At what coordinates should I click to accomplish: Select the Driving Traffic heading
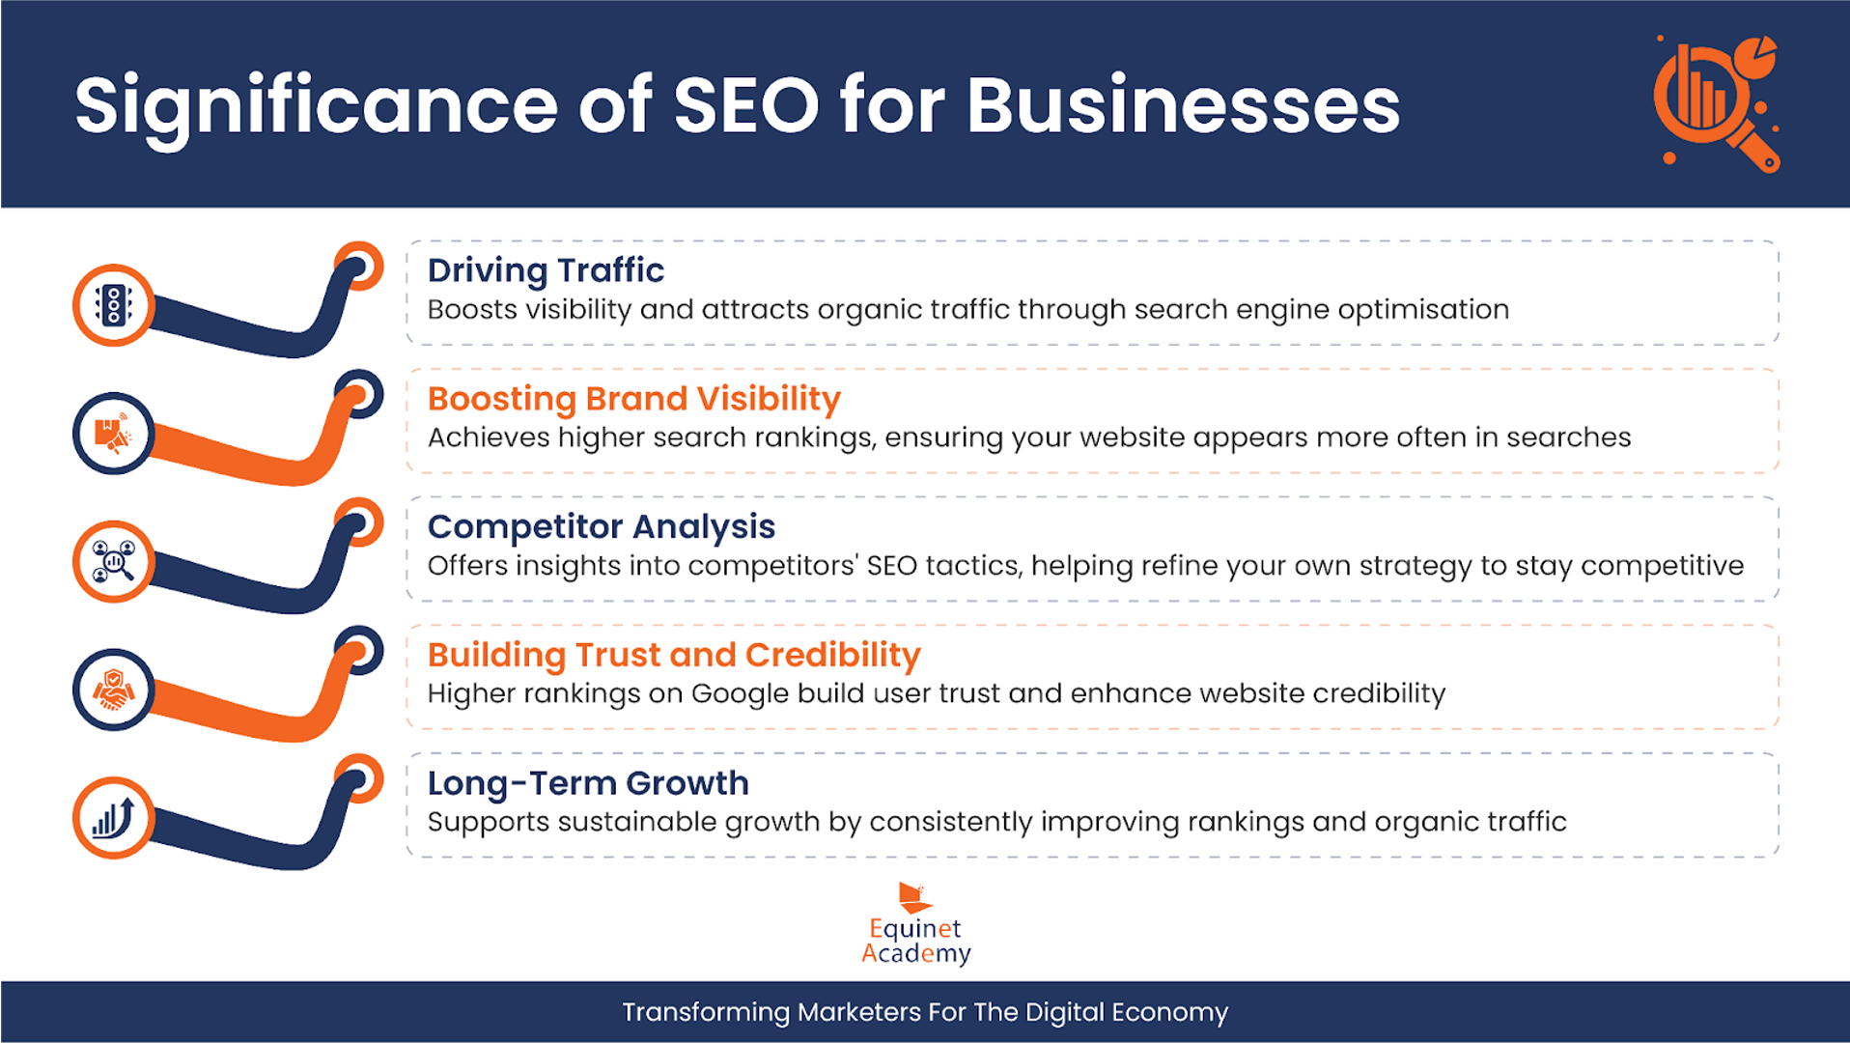[546, 271]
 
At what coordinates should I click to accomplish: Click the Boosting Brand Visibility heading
[634, 399]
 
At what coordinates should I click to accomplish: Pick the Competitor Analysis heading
[602, 527]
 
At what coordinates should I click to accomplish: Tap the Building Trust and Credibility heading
[674, 656]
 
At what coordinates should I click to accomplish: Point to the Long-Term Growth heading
[588, 783]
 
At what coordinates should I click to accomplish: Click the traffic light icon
[114, 305]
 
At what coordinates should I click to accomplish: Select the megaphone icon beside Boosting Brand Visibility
[113, 434]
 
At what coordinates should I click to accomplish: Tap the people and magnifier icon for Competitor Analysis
[113, 561]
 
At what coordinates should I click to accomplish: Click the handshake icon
[113, 690]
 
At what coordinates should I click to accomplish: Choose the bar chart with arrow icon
[113, 818]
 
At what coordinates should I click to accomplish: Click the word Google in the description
[740, 694]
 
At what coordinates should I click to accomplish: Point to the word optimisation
[1423, 310]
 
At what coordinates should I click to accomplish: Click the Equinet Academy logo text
[915, 941]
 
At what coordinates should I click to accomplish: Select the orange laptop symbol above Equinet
[913, 897]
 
